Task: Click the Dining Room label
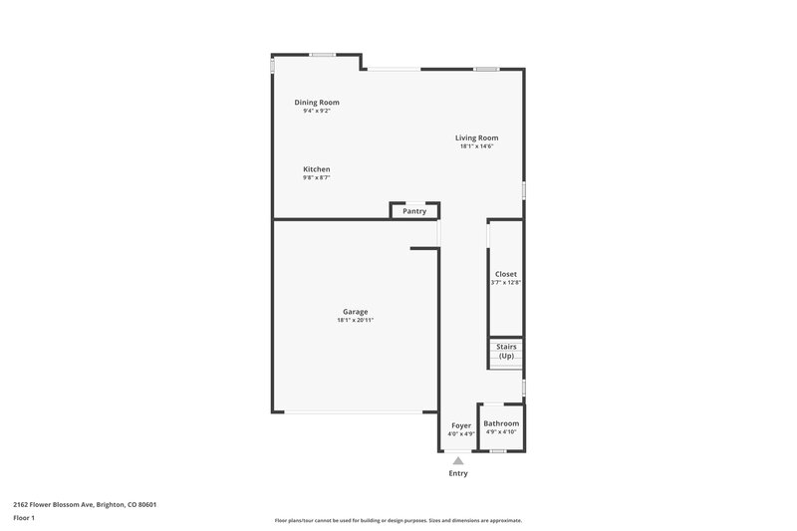(x=317, y=102)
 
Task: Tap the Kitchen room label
(x=317, y=169)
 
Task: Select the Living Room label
(x=476, y=137)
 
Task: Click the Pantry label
(x=414, y=211)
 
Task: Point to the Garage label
(x=356, y=312)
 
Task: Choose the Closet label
(x=506, y=274)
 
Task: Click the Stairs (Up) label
(x=506, y=351)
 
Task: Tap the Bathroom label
(x=501, y=423)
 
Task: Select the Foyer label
(x=460, y=425)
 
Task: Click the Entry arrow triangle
(x=458, y=460)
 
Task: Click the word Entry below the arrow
(x=458, y=473)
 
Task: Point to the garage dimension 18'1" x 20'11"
(x=356, y=321)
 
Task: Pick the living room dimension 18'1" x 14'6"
(x=476, y=146)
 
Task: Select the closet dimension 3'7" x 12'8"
(x=506, y=283)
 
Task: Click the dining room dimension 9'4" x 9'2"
(x=317, y=111)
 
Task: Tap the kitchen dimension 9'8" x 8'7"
(x=317, y=178)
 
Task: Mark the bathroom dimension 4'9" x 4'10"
(x=501, y=432)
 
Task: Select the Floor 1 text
(x=24, y=518)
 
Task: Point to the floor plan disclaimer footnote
(x=398, y=520)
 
